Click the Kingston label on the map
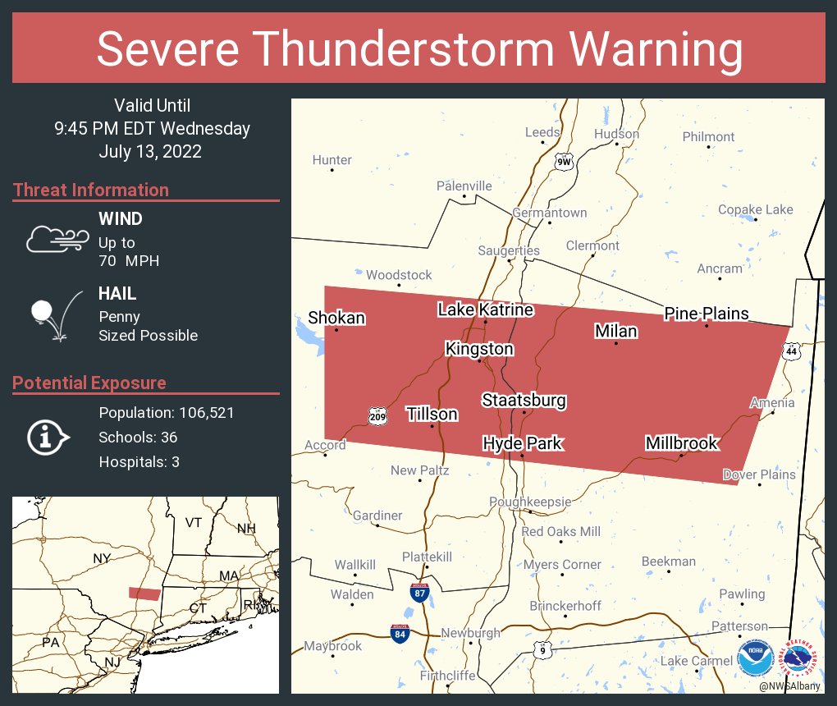(479, 349)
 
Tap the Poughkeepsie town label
(529, 502)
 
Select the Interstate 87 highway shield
(419, 592)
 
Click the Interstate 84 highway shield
(399, 632)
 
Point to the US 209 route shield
(377, 416)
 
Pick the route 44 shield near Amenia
(791, 351)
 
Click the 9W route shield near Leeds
(563, 161)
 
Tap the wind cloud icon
(57, 238)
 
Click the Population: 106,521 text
(167, 413)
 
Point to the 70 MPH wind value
(129, 261)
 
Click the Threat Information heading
(91, 190)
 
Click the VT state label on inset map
(194, 523)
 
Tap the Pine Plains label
(706, 314)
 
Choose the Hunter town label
(332, 160)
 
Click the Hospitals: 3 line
(139, 462)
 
